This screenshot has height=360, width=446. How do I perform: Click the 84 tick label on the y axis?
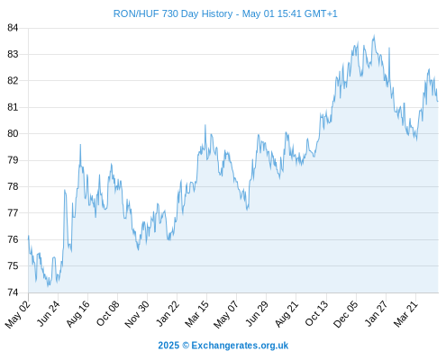point(13,28)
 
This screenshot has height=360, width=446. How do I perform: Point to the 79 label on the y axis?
point(13,160)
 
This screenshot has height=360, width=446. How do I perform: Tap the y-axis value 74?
point(13,292)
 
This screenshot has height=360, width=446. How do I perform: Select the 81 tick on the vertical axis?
point(13,107)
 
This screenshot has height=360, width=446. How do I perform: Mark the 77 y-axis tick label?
point(13,213)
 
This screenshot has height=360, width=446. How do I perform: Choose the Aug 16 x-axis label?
point(77,313)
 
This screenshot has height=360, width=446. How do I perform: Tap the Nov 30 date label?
point(137,314)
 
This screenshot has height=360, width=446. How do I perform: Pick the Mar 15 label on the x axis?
point(196,313)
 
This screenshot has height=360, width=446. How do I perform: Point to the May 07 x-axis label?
point(226,314)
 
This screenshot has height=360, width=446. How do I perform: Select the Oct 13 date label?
point(316,313)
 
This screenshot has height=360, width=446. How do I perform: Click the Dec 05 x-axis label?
point(346,314)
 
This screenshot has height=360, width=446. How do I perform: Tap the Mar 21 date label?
point(405,313)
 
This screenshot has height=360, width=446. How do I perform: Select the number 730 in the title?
point(170,13)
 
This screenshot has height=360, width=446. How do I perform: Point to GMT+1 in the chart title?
point(321,13)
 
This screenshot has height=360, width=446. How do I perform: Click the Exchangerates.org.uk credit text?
point(240,346)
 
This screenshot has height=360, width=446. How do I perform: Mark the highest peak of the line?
point(374,36)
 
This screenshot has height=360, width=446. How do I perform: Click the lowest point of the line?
point(48,286)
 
